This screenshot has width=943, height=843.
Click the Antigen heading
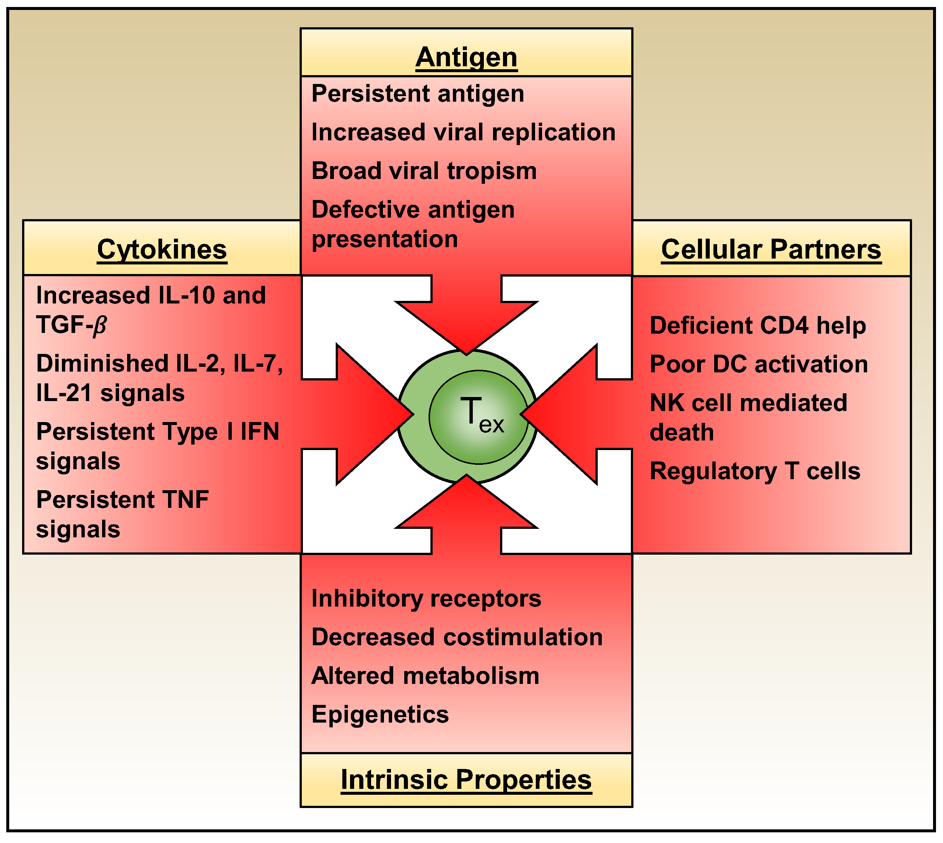[466, 57]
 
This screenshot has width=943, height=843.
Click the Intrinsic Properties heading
[466, 780]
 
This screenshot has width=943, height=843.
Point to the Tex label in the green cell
[481, 415]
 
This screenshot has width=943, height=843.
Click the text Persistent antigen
[418, 94]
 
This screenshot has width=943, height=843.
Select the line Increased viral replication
[463, 133]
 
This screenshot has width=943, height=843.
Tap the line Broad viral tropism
[424, 171]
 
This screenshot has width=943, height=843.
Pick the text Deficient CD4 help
[758, 326]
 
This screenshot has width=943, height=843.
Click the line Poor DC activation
[759, 364]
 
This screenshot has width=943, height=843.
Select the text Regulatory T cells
[755, 471]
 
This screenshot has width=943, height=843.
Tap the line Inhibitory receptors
[426, 598]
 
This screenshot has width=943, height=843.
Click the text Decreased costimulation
[457, 637]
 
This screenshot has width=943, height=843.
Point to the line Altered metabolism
[425, 676]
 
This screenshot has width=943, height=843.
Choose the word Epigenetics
[380, 714]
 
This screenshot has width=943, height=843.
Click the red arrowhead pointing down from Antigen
[466, 324]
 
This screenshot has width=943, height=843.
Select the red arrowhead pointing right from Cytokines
[371, 414]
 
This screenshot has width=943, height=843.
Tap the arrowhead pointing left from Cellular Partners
[563, 414]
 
